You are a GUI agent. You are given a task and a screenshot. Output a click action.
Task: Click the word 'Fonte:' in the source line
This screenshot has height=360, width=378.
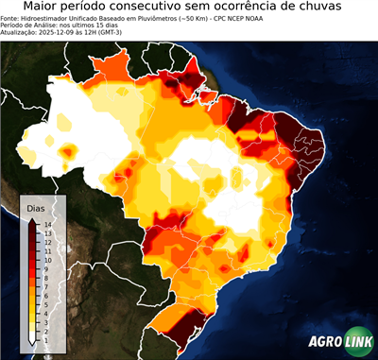[11, 19]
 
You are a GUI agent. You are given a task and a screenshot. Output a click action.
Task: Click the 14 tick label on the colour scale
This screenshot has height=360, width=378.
[47, 225]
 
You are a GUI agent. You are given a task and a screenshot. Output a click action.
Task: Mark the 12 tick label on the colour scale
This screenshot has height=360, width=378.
[47, 241]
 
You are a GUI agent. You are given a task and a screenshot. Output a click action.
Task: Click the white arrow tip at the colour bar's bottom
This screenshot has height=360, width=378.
[32, 338]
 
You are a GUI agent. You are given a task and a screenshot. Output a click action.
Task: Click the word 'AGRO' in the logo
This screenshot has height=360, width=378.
[324, 343]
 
